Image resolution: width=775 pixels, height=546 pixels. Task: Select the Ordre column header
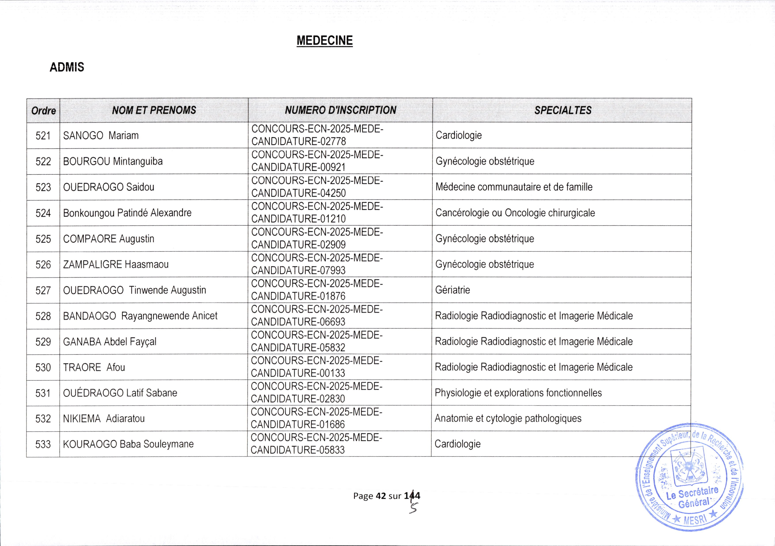(x=44, y=111)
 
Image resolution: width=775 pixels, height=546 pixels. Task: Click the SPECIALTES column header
(x=563, y=110)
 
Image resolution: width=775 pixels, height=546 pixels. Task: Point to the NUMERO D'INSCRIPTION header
(x=340, y=110)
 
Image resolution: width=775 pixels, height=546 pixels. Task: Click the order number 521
(x=43, y=136)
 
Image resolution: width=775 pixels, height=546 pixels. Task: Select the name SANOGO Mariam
(x=101, y=136)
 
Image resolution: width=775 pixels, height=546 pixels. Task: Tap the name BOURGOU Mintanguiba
(x=113, y=161)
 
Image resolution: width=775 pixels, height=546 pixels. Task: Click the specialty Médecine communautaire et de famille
(x=514, y=187)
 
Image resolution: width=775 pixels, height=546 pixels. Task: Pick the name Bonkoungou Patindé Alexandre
(x=127, y=213)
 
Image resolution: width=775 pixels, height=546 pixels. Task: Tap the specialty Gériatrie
(x=452, y=290)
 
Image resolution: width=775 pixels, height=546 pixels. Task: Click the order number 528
(x=43, y=316)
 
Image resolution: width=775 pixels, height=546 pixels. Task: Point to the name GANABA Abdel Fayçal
(x=110, y=341)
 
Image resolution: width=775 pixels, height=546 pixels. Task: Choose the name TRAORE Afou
(x=94, y=367)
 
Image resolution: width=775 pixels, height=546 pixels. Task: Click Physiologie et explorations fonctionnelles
(x=518, y=393)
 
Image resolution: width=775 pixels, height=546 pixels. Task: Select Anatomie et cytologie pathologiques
(x=508, y=418)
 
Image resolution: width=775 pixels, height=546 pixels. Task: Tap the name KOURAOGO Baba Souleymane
(x=128, y=444)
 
